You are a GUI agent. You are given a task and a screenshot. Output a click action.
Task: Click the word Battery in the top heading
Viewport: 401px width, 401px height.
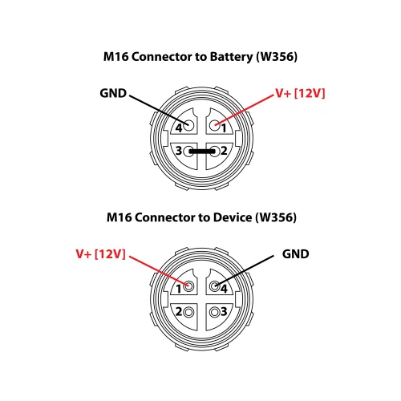pyautogui.click(x=231, y=57)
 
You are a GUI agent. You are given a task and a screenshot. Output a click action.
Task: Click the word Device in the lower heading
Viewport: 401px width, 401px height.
pyautogui.click(x=233, y=217)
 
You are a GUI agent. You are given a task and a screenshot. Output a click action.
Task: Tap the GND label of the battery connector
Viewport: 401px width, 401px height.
pyautogui.click(x=113, y=93)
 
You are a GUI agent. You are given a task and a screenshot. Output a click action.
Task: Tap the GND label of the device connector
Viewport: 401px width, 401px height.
pyautogui.click(x=296, y=254)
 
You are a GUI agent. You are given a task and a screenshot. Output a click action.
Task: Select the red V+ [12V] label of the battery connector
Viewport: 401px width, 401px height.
pyautogui.click(x=301, y=93)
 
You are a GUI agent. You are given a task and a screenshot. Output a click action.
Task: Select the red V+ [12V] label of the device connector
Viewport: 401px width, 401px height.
pyautogui.click(x=100, y=254)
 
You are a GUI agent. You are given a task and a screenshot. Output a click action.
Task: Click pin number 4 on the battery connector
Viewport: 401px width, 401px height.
pyautogui.click(x=179, y=128)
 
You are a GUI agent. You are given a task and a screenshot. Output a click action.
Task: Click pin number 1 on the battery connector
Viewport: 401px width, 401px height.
pyautogui.click(x=224, y=128)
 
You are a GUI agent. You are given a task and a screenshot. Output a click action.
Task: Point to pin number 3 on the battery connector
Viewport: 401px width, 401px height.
pyautogui.click(x=179, y=151)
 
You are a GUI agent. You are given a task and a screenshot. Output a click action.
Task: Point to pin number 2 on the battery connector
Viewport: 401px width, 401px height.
pyautogui.click(x=224, y=151)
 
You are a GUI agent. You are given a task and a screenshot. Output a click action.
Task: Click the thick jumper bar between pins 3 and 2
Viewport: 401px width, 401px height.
pyautogui.click(x=202, y=152)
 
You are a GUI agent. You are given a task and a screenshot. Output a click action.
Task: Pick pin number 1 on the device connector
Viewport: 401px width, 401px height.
pyautogui.click(x=179, y=289)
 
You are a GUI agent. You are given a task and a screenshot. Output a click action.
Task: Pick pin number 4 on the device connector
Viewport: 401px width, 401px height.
pyautogui.click(x=224, y=289)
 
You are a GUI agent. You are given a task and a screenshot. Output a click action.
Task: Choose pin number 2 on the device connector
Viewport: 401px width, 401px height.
pyautogui.click(x=179, y=312)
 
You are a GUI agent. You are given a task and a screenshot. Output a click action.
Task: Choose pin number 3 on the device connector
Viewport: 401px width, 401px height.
pyautogui.click(x=224, y=312)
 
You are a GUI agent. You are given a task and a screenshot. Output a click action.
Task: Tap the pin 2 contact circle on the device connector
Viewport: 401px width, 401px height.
pyautogui.click(x=188, y=312)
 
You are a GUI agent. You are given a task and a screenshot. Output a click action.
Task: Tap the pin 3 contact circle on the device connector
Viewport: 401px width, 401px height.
pyautogui.click(x=215, y=312)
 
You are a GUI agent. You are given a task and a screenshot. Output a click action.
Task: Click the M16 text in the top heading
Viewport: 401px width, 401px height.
pyautogui.click(x=116, y=57)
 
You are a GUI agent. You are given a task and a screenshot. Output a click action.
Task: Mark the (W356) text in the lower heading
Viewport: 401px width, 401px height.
pyautogui.click(x=276, y=217)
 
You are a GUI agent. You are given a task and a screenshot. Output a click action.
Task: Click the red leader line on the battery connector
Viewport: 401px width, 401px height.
pyautogui.click(x=245, y=109)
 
